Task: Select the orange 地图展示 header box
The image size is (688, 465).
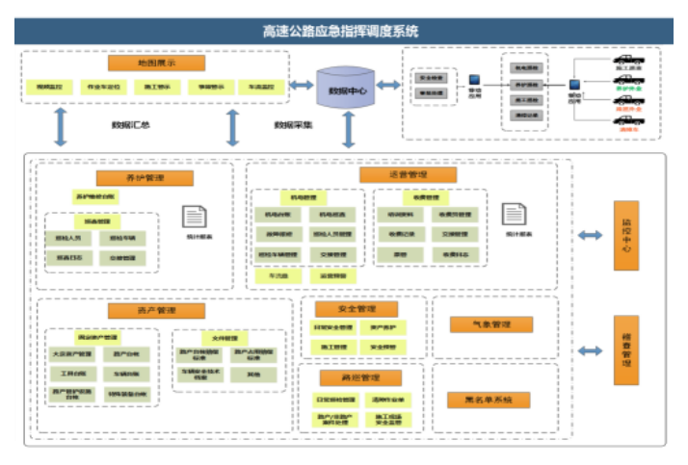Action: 156,63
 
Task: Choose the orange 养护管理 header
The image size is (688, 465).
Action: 145,178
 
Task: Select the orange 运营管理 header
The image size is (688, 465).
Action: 408,175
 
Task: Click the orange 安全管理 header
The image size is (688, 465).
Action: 357,309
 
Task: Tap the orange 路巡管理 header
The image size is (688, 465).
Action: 357,378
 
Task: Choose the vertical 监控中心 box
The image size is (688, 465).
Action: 625,236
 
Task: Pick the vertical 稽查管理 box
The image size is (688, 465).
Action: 625,352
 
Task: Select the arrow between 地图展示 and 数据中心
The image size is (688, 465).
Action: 302,85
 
